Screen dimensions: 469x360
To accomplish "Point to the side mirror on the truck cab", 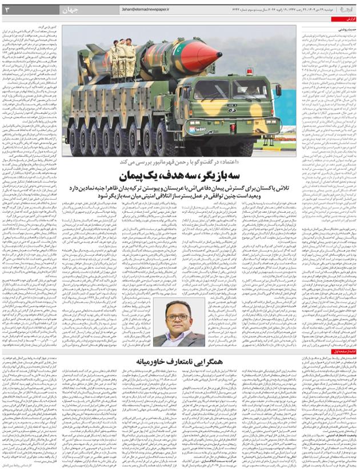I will point(278,92).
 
